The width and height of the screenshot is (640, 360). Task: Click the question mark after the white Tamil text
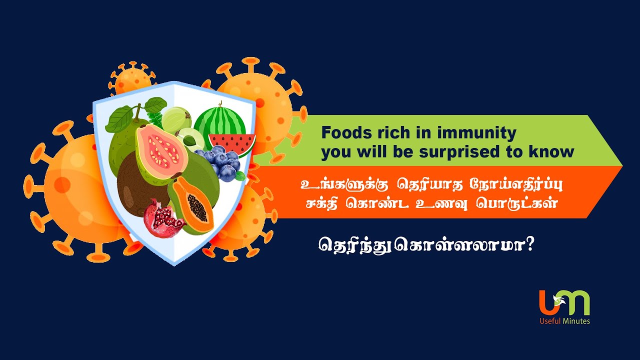point(529,244)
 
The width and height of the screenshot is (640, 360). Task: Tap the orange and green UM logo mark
point(564,303)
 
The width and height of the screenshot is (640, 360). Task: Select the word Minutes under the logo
point(576,321)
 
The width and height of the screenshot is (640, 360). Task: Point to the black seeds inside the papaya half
point(197,207)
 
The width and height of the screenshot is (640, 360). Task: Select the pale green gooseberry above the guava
point(176,120)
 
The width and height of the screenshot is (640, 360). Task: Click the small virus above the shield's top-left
point(132,80)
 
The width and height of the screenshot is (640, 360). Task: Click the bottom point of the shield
point(174,264)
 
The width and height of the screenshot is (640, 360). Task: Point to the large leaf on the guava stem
point(119,119)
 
